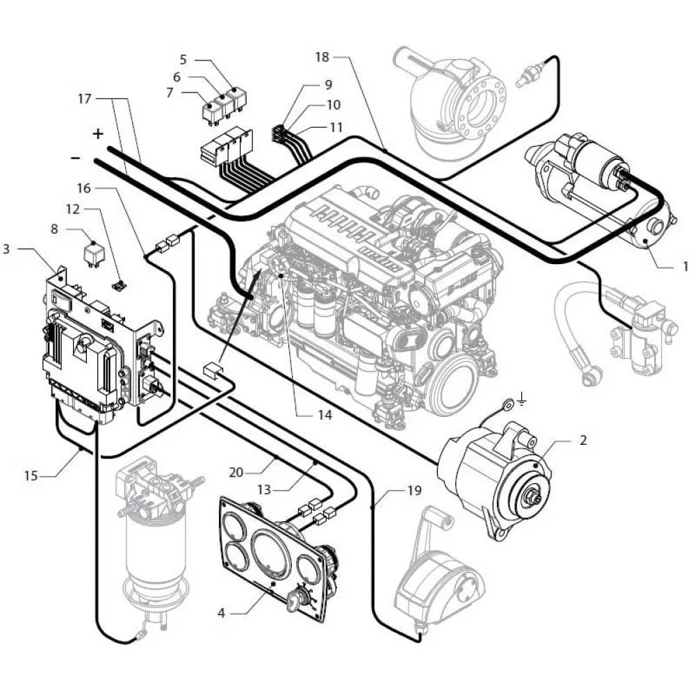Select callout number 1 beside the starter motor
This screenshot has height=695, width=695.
[685, 265]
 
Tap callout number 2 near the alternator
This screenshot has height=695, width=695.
[582, 439]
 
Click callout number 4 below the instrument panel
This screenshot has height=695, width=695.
[221, 613]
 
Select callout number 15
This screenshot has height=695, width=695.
[31, 476]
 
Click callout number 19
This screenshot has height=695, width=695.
[414, 490]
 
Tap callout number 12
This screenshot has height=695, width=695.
[73, 208]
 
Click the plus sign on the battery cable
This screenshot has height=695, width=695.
[98, 133]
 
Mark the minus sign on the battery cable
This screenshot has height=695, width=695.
[76, 158]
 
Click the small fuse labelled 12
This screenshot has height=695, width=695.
[120, 284]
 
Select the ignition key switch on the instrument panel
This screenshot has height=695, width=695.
[304, 597]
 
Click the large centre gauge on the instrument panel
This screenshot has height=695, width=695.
[273, 553]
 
